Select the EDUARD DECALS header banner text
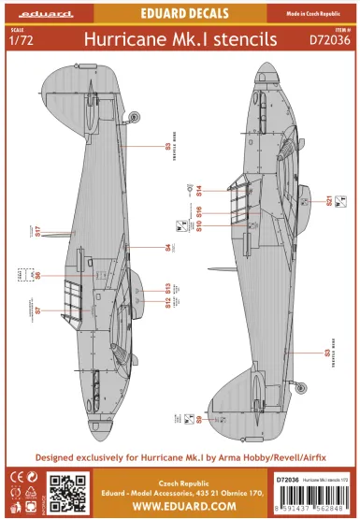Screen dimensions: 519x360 pyautogui.click(x=180, y=13)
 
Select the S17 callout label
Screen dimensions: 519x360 pyautogui.click(x=37, y=232)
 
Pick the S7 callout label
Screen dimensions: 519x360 pyautogui.click(x=37, y=310)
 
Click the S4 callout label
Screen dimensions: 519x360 pyautogui.click(x=167, y=248)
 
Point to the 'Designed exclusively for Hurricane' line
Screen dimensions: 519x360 pyautogui.click(x=180, y=458)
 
